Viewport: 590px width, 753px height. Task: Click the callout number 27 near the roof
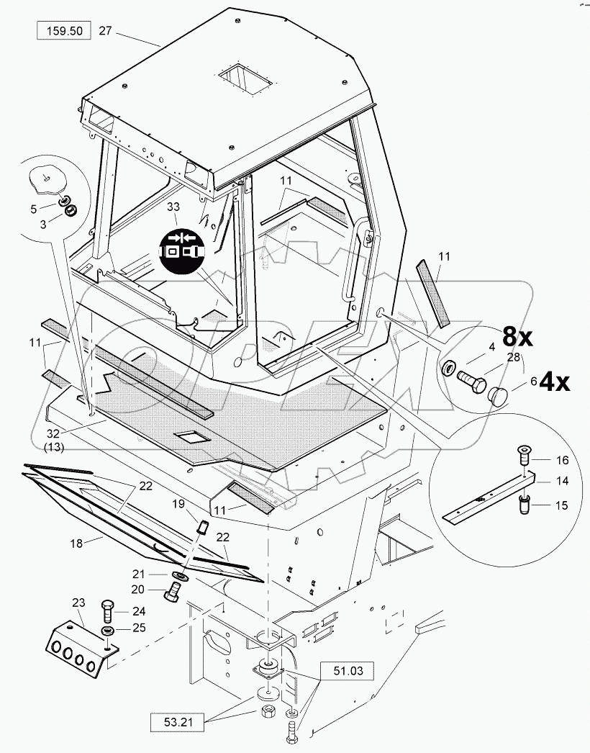(x=106, y=31)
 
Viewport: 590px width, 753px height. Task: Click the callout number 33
(x=173, y=207)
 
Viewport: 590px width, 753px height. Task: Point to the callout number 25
(x=139, y=628)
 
